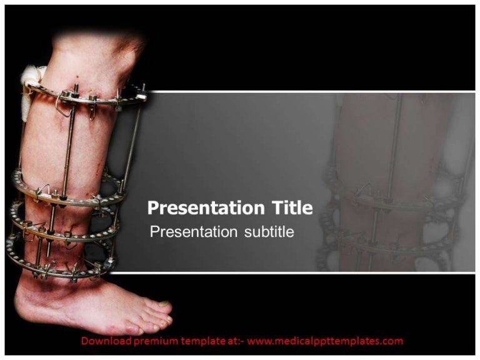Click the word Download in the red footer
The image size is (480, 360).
106,341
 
